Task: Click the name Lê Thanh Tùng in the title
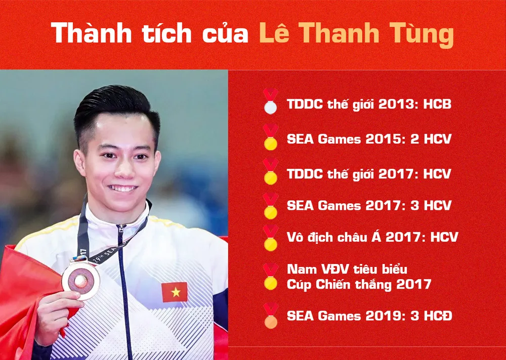coord(357,33)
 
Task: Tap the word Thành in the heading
coord(92,32)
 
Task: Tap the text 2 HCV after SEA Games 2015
coord(430,139)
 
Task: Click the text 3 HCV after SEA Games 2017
coord(431,205)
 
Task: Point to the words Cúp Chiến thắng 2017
coord(359,285)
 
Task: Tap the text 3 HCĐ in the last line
coord(431,316)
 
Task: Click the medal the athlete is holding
coord(80,280)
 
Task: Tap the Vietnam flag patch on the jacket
coord(175,292)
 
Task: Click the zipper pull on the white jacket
coord(121,230)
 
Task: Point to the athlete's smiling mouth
coord(122,188)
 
